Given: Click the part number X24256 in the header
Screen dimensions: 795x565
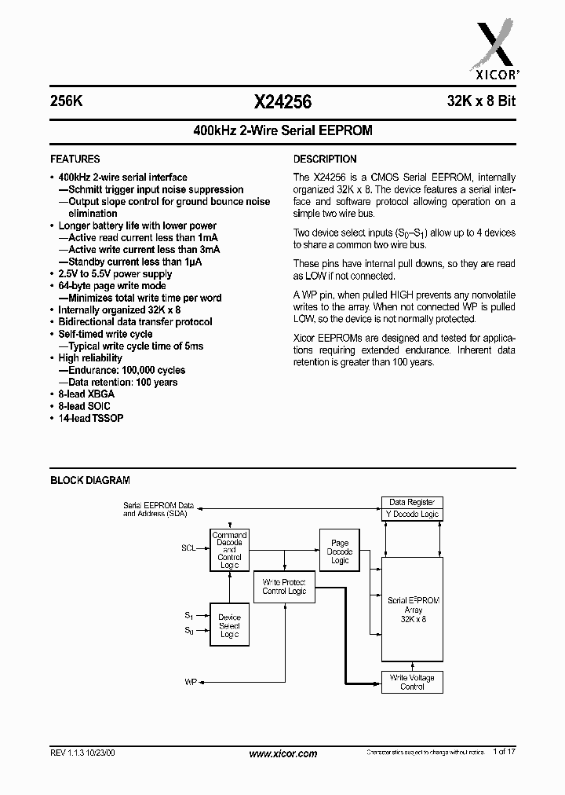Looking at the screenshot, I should (x=282, y=101).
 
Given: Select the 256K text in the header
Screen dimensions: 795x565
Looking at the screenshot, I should (x=66, y=101).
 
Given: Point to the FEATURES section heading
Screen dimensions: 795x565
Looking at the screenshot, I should (x=75, y=159).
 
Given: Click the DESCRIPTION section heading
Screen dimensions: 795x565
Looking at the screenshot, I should (x=325, y=159).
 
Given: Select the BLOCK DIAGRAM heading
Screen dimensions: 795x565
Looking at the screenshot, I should (x=90, y=480).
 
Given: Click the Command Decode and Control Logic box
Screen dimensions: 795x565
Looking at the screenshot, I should (x=229, y=550).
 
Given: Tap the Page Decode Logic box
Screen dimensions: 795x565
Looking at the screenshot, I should (x=340, y=551).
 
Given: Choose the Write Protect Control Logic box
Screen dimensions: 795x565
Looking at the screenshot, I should (x=284, y=586).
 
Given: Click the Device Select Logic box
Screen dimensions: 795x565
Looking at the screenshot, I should (x=229, y=625).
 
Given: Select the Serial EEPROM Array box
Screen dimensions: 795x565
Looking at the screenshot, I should (x=413, y=610).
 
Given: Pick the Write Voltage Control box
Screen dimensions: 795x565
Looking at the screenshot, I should (x=412, y=682).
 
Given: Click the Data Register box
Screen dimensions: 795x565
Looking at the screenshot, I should (x=412, y=503).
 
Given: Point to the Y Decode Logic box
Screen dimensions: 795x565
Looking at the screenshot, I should (x=412, y=515).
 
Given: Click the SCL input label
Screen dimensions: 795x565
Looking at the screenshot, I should (x=188, y=550).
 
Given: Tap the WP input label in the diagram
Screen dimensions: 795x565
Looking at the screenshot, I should (x=190, y=682).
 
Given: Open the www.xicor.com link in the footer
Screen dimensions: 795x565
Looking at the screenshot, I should (x=282, y=753).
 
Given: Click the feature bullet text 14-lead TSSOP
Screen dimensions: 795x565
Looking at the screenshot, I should (x=90, y=418).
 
